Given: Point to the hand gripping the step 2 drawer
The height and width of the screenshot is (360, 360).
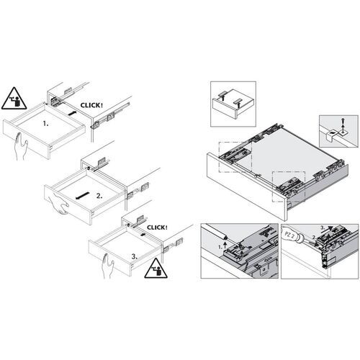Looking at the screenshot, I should (58, 206).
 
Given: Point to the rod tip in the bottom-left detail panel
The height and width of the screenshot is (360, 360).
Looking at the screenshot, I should (227, 235).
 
